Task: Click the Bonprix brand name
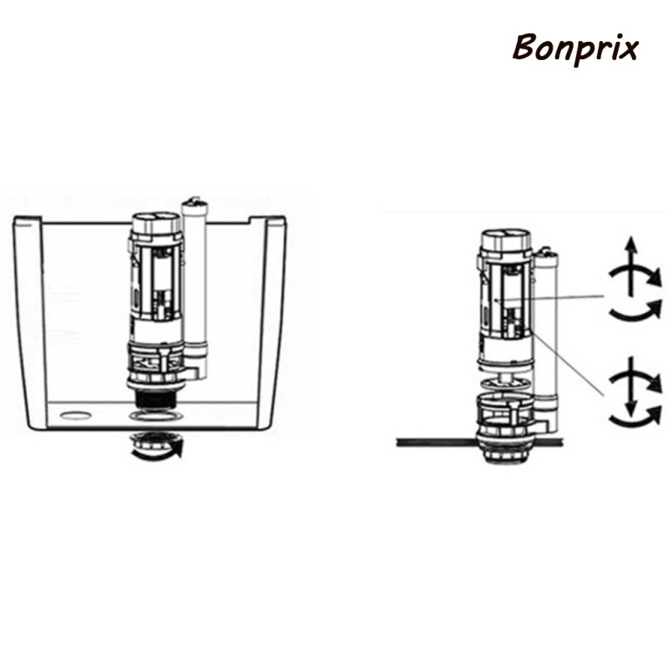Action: (575, 48)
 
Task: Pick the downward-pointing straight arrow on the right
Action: (632, 392)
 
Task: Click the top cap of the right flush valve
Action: (506, 239)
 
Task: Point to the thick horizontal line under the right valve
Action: (434, 440)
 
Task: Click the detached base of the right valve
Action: (504, 413)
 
